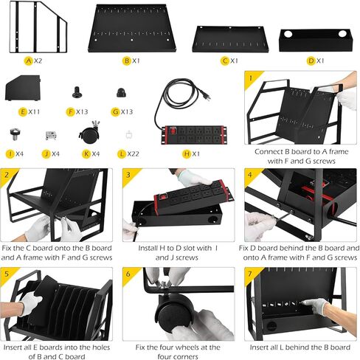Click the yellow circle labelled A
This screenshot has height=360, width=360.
click(x=29, y=60)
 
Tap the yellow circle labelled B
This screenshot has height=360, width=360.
click(x=127, y=60)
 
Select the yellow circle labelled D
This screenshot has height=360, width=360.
click(x=311, y=60)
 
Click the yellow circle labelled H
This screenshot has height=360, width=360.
click(x=187, y=154)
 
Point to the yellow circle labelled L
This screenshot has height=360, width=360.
click(x=122, y=154)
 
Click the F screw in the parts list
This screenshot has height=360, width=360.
click(x=77, y=92)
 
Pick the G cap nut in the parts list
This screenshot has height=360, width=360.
click(x=121, y=93)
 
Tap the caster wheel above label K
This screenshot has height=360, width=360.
click(x=90, y=133)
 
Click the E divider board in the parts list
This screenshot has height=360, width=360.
click(x=22, y=88)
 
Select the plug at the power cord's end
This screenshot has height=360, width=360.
click(x=206, y=96)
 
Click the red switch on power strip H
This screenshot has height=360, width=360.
click(x=173, y=131)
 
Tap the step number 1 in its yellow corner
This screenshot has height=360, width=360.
click(x=251, y=78)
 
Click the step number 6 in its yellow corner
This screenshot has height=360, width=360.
click(x=128, y=274)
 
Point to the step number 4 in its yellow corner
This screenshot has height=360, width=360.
click(x=250, y=175)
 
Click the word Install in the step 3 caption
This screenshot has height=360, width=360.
click(x=148, y=248)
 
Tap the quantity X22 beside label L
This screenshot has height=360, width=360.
click(x=134, y=154)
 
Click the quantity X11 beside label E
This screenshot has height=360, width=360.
click(x=34, y=112)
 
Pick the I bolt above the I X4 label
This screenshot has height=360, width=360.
click(x=15, y=134)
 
